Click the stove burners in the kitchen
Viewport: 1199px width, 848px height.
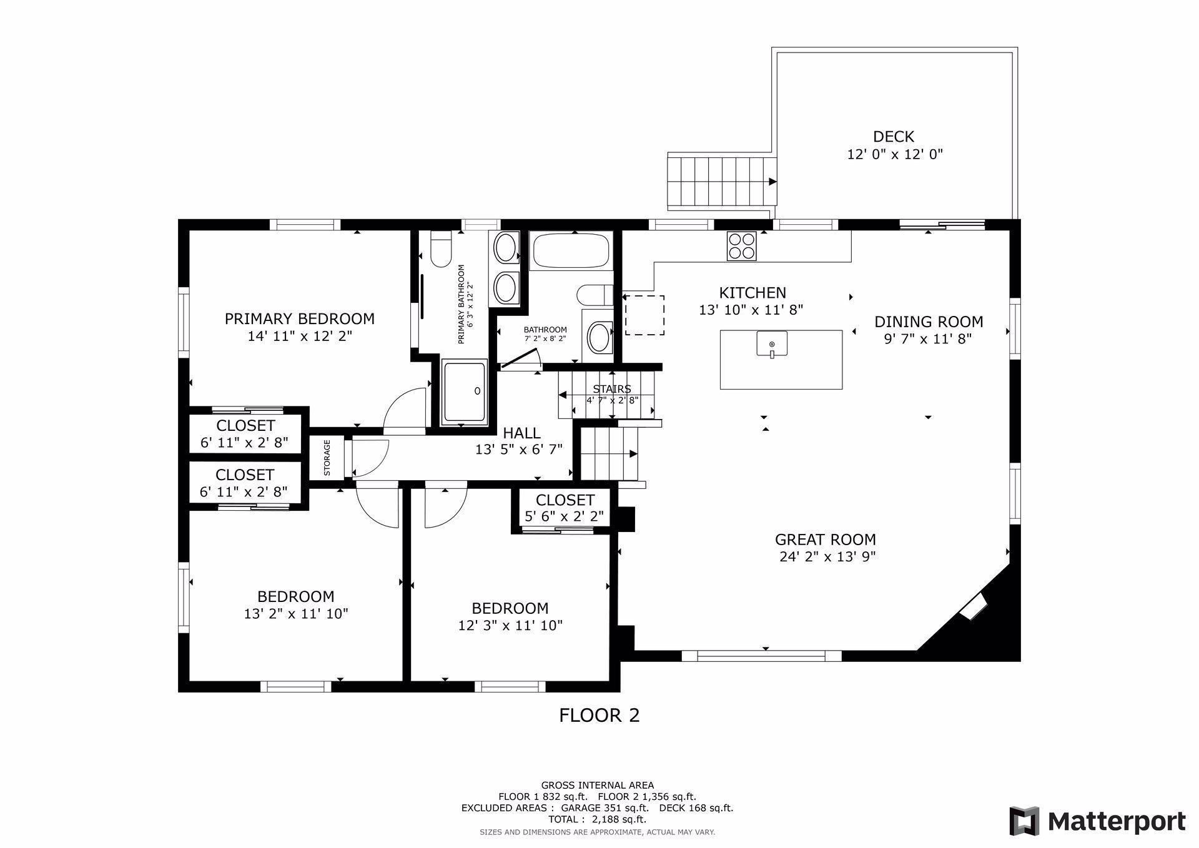click(x=742, y=245)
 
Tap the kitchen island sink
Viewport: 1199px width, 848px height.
click(x=772, y=345)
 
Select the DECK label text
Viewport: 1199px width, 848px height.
click(x=893, y=136)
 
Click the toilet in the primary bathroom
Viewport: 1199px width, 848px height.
click(x=441, y=249)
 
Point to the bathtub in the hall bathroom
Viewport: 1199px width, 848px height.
click(x=570, y=250)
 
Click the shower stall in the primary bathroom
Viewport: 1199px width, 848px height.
click(x=463, y=392)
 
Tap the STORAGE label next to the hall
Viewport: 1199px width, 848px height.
click(x=327, y=458)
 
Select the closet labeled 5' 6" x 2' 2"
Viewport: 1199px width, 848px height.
click(x=564, y=508)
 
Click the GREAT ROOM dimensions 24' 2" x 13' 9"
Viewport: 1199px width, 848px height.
click(x=827, y=557)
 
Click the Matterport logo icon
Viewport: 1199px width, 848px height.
click(x=1024, y=821)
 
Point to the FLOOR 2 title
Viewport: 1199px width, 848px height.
click(x=599, y=715)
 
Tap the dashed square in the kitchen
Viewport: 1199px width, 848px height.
click(x=644, y=315)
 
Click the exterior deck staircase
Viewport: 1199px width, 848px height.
click(x=722, y=182)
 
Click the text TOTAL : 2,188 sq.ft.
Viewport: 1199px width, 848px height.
click(x=597, y=819)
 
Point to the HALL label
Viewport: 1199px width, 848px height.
click(x=521, y=433)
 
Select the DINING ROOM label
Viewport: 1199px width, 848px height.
click(x=928, y=322)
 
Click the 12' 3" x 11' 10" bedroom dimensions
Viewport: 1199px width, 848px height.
click(x=510, y=625)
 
